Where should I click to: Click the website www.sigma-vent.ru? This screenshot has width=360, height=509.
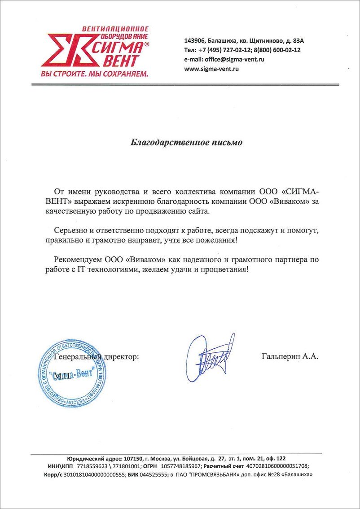211,69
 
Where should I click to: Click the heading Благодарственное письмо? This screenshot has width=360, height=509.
186,143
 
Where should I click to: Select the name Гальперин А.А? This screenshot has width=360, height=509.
289,357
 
